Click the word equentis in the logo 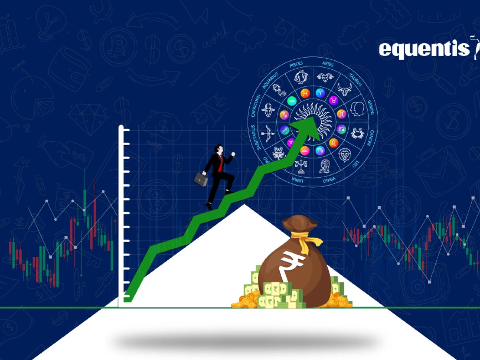click(424, 49)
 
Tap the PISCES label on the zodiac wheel click(296, 64)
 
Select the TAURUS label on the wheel click(356, 78)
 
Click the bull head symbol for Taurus click(344, 89)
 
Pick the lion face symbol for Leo click(345, 154)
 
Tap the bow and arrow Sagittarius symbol click(267, 132)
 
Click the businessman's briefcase click(201, 179)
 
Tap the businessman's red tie click(220, 163)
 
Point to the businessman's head click(219, 149)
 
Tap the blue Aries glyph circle click(320, 93)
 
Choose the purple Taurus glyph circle click(333, 100)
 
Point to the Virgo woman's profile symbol click(325, 165)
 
